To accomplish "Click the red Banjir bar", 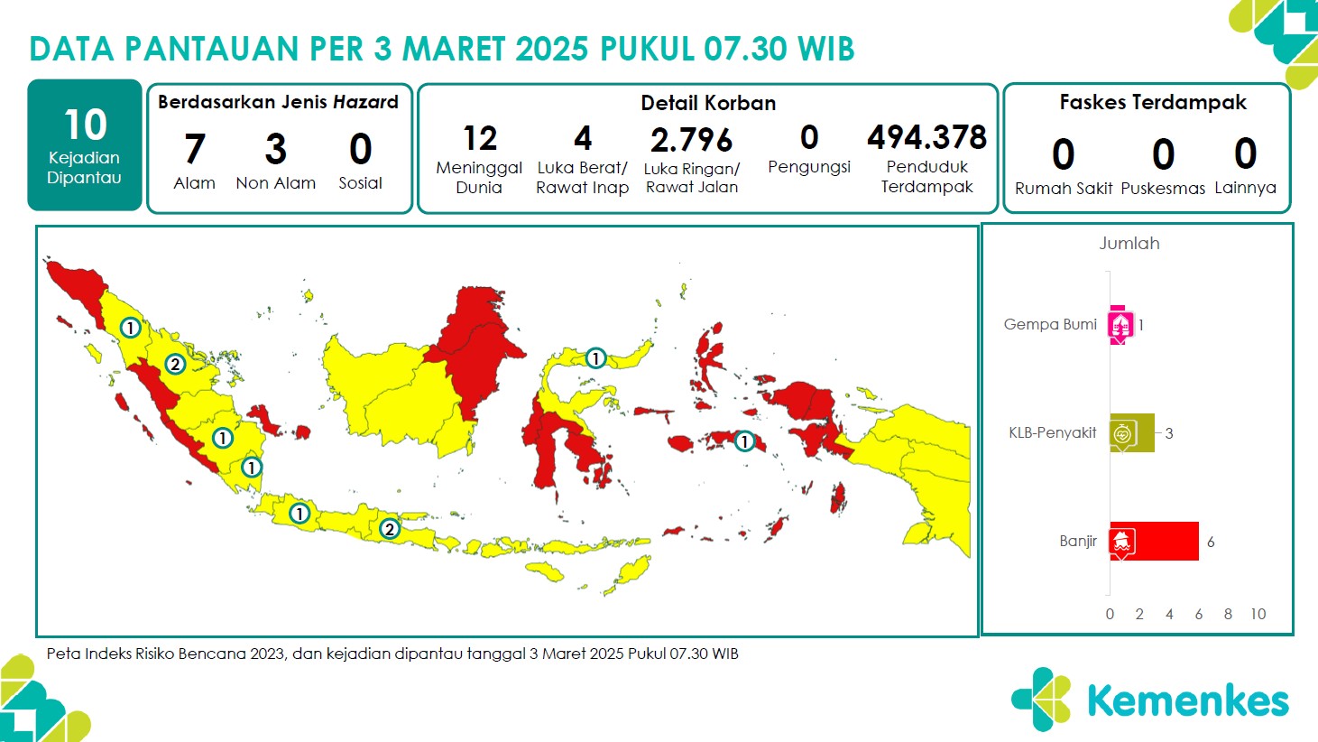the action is pos(1154,542).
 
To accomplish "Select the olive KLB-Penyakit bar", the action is pos(1132,433).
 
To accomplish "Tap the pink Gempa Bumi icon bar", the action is pos(1120,324).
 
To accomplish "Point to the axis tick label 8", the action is pos(1228,614).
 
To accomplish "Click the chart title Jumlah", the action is pos(1129,243).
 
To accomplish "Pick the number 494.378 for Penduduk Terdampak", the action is pos(926,137).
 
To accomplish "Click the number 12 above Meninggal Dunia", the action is pos(480,138).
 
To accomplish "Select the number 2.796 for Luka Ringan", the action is pos(691,140).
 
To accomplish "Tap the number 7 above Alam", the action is pos(195,148).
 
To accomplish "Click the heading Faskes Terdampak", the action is pos(1153,103).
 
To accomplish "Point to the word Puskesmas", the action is pos(1163,189).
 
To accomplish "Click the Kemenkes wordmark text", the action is pos(1188,700).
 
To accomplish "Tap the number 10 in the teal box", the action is pos(86,125).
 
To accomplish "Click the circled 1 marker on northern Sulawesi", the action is pos(595,358).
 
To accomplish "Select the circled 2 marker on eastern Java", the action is pos(389,529).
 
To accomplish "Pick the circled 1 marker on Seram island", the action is pos(744,441).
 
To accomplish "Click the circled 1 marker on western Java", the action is pos(300,514).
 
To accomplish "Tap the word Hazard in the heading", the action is pos(366,102).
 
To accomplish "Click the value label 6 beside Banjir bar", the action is pos(1211,543).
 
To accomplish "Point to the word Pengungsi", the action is pos(809,167).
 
